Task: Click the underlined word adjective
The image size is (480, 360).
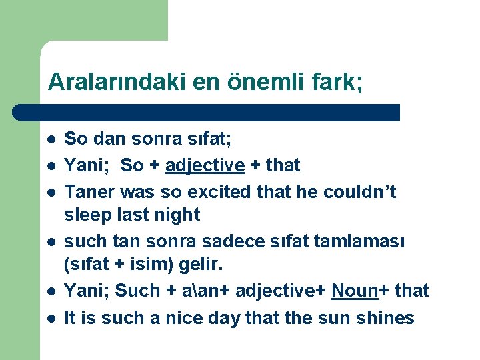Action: coord(205,165)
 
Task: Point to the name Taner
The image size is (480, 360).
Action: coord(89,192)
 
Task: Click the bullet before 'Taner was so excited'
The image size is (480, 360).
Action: coord(50,193)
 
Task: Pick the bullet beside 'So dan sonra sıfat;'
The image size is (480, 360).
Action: coord(50,140)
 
